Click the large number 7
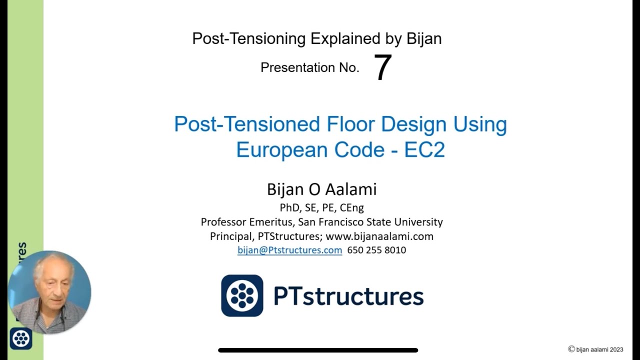[382, 68]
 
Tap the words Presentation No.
[310, 68]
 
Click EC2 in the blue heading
[424, 150]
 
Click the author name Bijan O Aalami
[321, 189]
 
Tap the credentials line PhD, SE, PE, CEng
[321, 207]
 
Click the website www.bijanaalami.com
[379, 236]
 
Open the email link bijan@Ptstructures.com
[289, 250]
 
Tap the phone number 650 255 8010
[376, 250]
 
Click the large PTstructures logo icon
[242, 295]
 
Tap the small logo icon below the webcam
[21, 338]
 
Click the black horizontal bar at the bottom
[318, 350]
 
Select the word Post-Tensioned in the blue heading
[247, 124]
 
